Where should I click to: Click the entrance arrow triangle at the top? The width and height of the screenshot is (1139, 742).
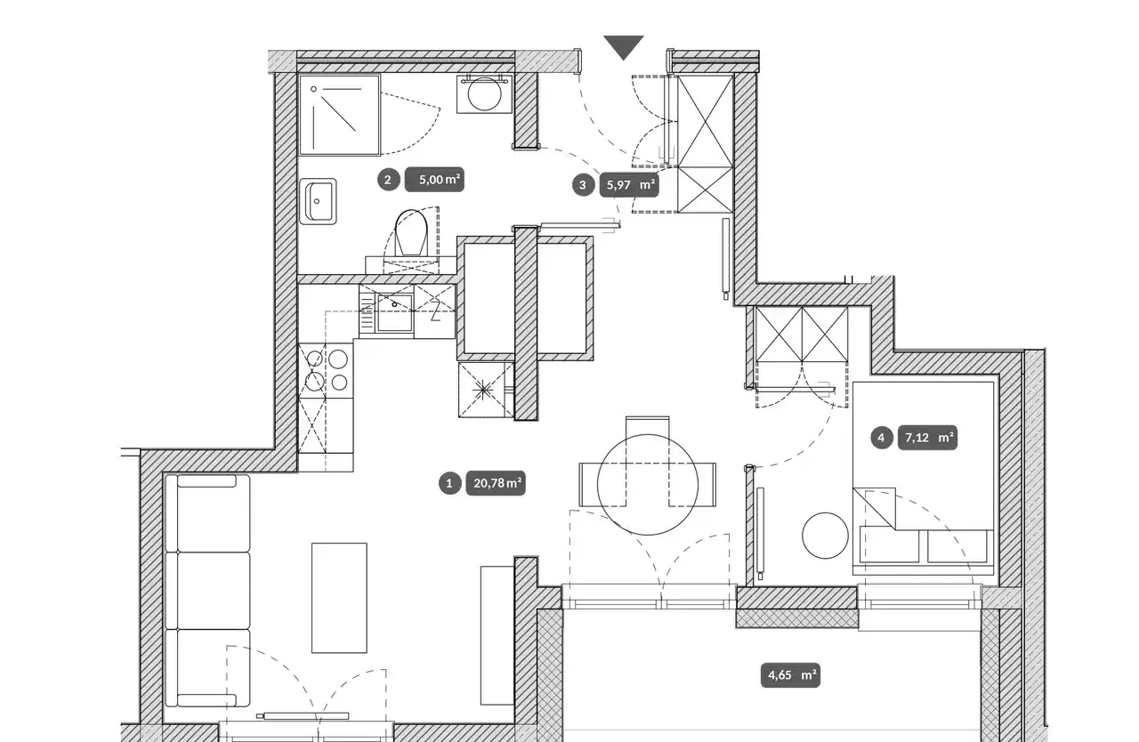click(x=624, y=45)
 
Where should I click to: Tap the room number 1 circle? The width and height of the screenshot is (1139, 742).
click(x=449, y=483)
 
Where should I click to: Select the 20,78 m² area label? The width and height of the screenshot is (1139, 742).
click(x=496, y=483)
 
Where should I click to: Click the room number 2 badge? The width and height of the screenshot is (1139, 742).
click(x=389, y=180)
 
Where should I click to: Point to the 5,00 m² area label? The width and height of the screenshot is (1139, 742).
click(x=434, y=180)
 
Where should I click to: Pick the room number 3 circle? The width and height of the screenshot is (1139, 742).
click(x=583, y=185)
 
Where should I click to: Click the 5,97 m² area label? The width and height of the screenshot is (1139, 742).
click(x=629, y=185)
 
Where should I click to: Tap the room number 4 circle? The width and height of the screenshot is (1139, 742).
click(x=881, y=438)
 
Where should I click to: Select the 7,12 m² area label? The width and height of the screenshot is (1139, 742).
click(x=928, y=438)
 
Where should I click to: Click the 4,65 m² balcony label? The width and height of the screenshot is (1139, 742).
click(x=791, y=675)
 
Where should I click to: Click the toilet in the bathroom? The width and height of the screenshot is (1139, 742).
click(x=411, y=233)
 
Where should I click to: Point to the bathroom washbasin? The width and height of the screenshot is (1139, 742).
click(x=319, y=201)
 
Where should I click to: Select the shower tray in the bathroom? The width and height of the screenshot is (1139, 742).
click(x=340, y=115)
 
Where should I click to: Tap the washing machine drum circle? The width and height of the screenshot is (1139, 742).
click(x=485, y=94)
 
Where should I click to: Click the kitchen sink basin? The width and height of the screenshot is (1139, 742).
click(x=394, y=313)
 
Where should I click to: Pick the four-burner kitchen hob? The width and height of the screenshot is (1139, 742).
click(x=326, y=370)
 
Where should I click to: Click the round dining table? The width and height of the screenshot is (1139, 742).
click(x=647, y=485)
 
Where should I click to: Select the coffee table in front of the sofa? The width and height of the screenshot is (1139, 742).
click(x=339, y=598)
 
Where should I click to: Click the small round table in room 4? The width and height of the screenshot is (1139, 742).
click(x=825, y=536)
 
